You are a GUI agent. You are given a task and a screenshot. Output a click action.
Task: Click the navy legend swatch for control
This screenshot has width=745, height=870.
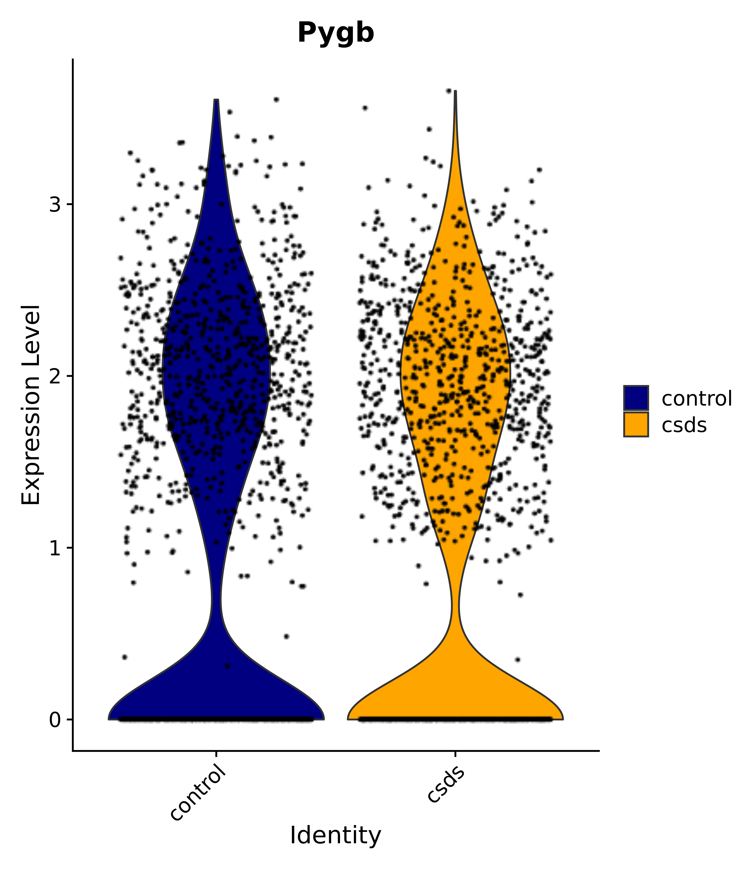(x=636, y=398)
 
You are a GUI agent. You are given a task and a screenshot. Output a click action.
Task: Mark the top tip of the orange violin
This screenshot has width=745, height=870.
(x=455, y=92)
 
